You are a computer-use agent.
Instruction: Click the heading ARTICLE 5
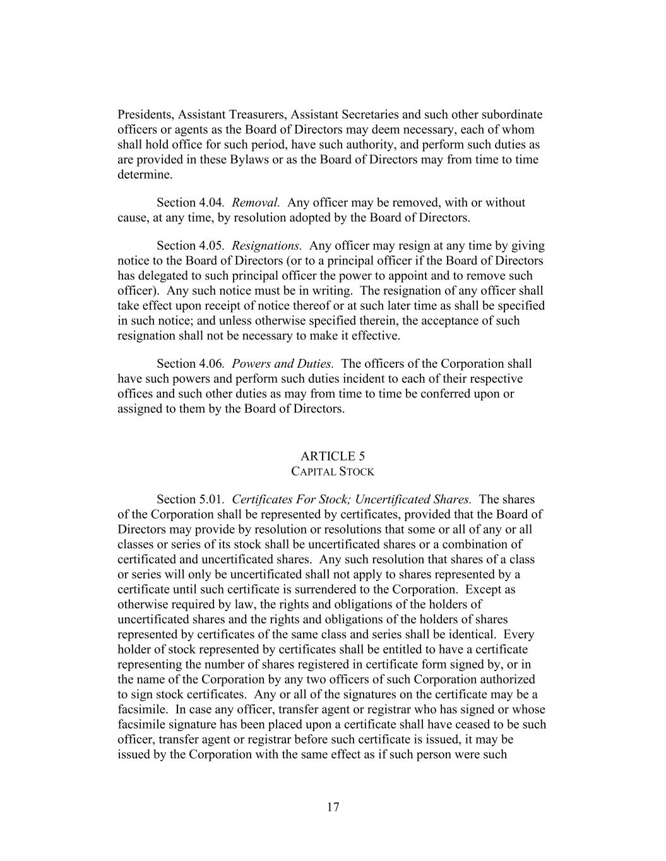click(333, 456)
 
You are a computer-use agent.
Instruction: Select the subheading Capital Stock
click(333, 472)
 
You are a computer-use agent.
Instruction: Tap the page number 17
click(333, 807)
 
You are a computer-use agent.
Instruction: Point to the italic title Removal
click(256, 202)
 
